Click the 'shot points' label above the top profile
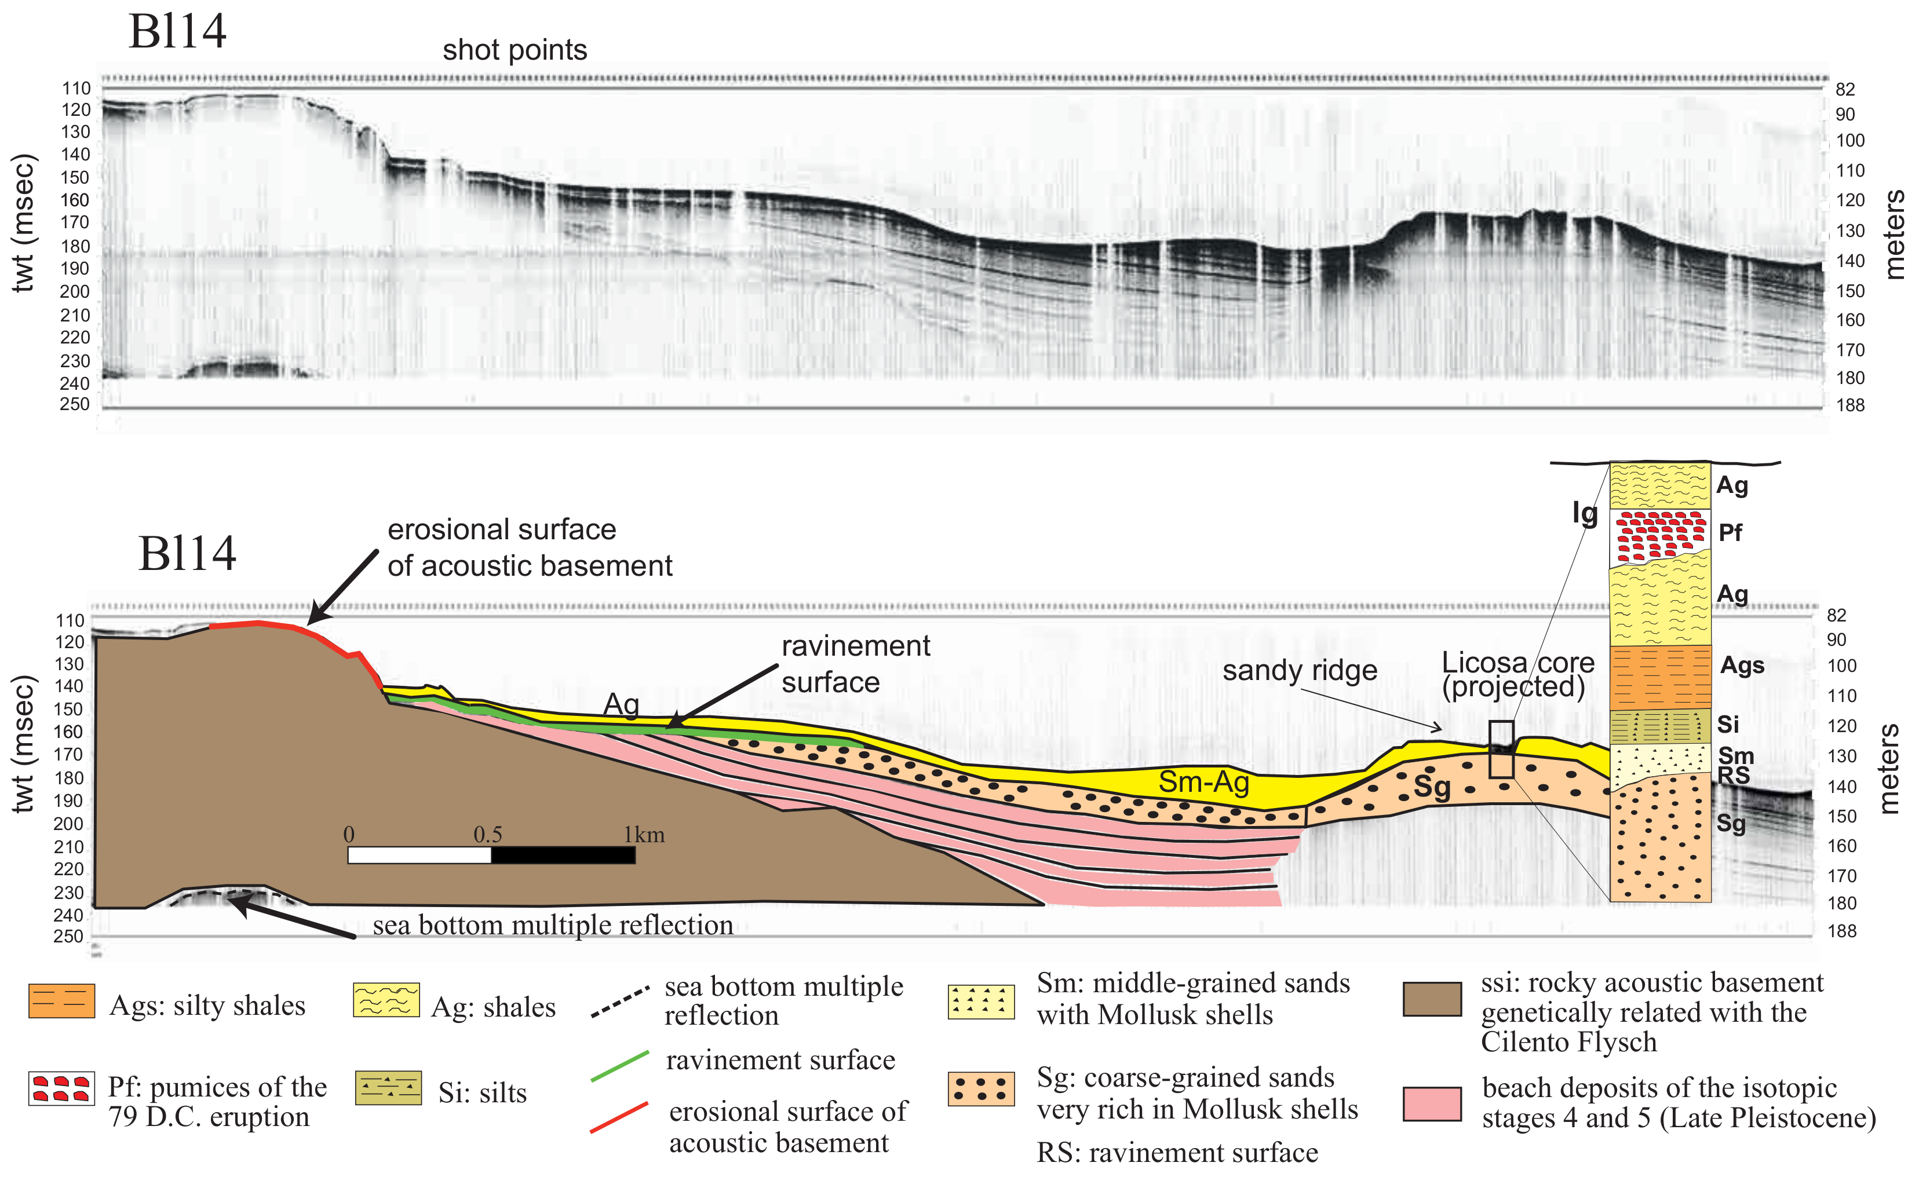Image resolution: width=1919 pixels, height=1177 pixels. pos(515,50)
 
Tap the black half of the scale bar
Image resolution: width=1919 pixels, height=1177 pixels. pos(563,856)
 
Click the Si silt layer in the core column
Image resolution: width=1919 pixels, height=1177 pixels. pos(1659,726)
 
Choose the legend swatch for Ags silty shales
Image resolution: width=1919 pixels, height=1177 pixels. pos(61,1001)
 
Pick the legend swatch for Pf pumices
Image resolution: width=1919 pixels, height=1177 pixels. pos(61,1088)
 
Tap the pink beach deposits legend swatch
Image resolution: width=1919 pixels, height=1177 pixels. pos(1432,1104)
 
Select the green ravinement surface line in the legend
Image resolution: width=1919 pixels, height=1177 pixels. pos(620,1066)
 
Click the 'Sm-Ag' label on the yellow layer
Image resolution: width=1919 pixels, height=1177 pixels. pos(1203,781)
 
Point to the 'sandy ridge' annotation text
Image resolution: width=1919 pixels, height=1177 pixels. pos(1299,670)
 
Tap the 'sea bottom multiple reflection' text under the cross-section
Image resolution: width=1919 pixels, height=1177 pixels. pos(552,925)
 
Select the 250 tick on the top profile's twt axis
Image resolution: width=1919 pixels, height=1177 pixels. pos(75,404)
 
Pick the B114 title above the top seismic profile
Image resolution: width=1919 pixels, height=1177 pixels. pos(177,32)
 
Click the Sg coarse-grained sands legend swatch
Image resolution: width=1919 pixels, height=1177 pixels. pos(980,1089)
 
